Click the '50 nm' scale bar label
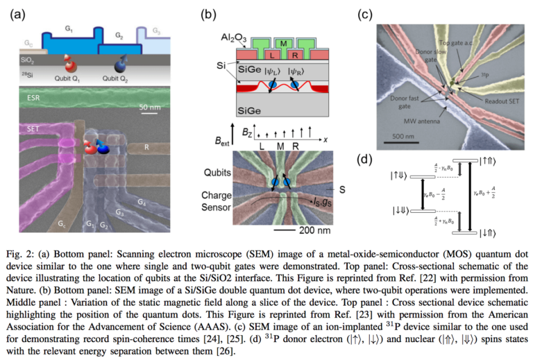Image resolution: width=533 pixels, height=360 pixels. click(x=149, y=108)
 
